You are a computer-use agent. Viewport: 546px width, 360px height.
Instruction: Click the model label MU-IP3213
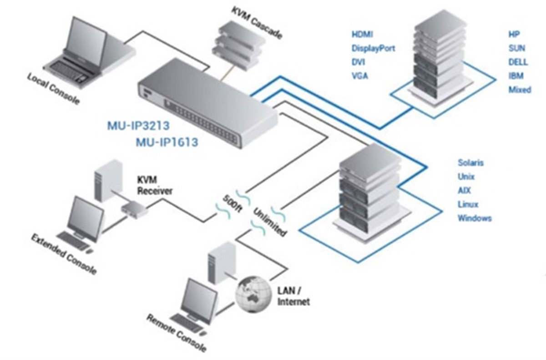(x=138, y=126)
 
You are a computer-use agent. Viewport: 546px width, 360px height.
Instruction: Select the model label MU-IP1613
(x=167, y=142)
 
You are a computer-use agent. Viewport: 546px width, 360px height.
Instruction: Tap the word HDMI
(x=362, y=35)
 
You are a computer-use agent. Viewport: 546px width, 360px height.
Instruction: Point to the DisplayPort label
(x=373, y=48)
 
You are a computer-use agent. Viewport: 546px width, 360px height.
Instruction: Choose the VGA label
(x=360, y=76)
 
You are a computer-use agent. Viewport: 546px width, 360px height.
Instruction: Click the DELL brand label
(x=518, y=62)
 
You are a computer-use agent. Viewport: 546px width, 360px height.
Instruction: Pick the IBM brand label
(x=516, y=76)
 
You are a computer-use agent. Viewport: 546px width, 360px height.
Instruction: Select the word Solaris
(x=470, y=162)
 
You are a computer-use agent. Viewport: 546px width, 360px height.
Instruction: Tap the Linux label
(x=468, y=204)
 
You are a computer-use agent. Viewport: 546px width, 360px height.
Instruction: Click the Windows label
(x=475, y=218)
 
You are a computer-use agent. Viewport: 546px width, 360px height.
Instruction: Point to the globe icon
(x=253, y=294)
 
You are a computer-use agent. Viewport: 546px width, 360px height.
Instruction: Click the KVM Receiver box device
(x=134, y=209)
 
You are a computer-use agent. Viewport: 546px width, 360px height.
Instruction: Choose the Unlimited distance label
(x=269, y=222)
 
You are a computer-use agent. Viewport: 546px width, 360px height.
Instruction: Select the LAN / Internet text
(x=293, y=296)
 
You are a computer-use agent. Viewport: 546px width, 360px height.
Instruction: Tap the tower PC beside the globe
(x=221, y=263)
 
